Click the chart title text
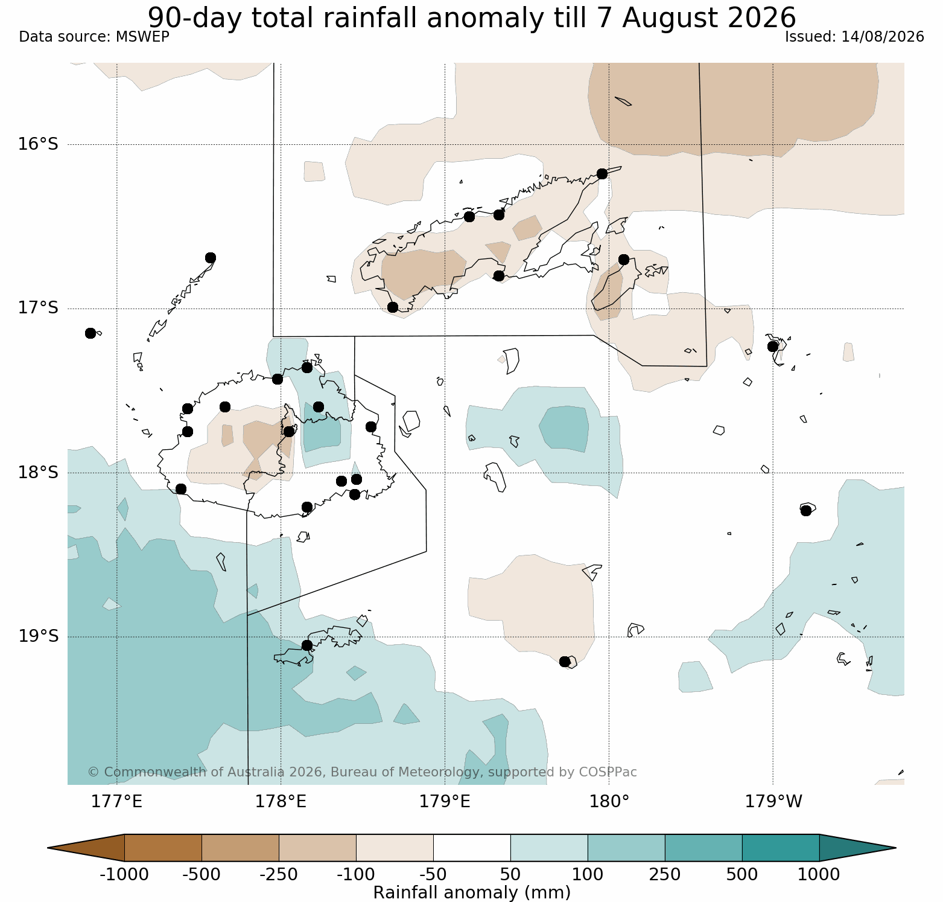472,17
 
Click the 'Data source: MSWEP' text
94,37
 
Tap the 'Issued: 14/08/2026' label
854,37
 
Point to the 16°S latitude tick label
38,144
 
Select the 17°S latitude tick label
38,309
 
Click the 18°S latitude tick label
38,473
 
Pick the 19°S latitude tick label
38,637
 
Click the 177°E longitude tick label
116,802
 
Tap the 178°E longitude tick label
281,802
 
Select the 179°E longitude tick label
445,802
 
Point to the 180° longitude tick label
609,802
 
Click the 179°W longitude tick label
773,802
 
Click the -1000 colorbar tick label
124,874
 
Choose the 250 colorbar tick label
665,874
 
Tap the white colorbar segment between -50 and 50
472,848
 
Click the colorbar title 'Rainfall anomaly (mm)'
472,892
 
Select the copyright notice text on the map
362,772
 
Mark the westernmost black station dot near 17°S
90,333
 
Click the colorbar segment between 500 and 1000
781,848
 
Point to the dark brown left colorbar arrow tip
48,848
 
